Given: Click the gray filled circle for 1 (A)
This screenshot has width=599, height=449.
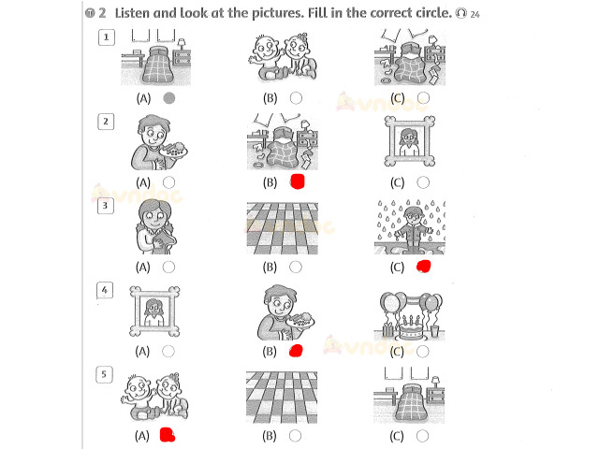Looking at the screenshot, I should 169,97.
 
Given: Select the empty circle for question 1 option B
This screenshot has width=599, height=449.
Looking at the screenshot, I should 296,97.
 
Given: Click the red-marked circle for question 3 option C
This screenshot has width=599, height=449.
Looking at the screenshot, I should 424,268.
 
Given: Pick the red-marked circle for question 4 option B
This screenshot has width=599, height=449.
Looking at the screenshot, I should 297,352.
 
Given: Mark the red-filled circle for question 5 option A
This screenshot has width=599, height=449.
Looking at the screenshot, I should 169,435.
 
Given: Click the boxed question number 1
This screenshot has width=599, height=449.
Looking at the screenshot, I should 108,37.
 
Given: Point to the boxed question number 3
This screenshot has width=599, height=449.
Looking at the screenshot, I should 108,206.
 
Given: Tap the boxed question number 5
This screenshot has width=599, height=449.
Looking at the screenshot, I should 108,375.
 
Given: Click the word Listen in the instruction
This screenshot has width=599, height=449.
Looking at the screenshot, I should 137,13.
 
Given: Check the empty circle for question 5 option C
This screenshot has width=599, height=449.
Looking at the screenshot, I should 423,435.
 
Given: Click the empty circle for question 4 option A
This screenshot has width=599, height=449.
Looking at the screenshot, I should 168,351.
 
